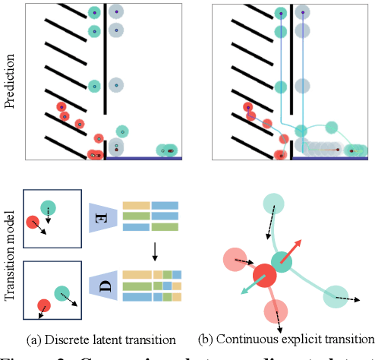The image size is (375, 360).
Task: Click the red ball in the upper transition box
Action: coord(33,223)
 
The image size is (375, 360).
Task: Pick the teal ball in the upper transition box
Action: coord(49,208)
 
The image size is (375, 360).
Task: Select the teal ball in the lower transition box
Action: coord(61,291)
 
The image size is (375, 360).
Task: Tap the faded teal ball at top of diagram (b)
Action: coord(274,204)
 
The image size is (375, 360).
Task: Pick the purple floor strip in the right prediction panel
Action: coord(329,159)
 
